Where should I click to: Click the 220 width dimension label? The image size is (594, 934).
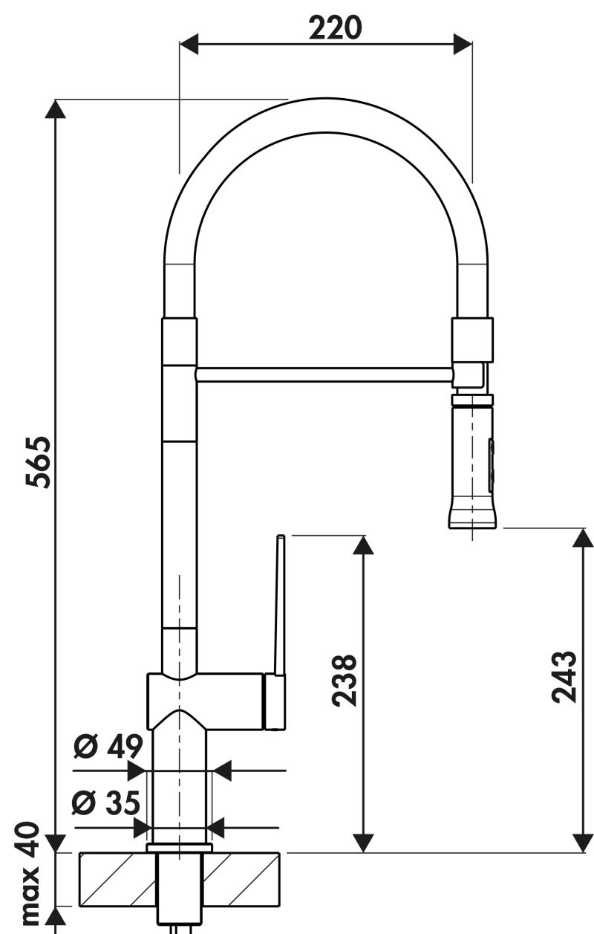click(335, 28)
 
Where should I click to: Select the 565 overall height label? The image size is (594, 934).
click(38, 461)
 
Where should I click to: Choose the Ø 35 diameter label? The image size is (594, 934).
click(105, 802)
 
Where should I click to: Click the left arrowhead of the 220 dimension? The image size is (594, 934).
click(189, 44)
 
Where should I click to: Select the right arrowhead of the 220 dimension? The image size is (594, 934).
click(463, 44)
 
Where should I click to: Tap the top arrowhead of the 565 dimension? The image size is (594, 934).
click(55, 109)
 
